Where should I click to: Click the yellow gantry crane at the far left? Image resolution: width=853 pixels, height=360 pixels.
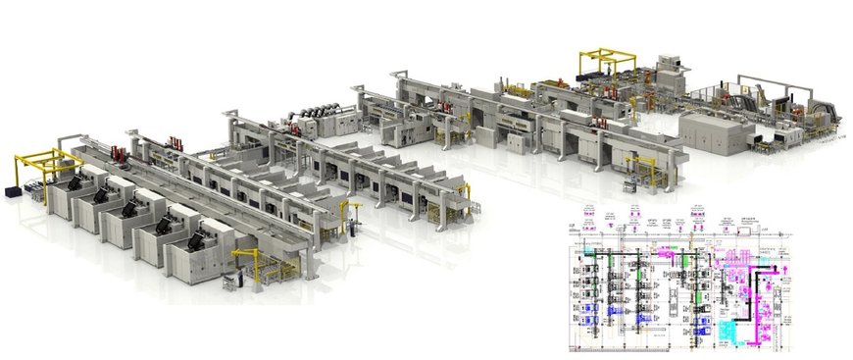pyautogui.click(x=44, y=167)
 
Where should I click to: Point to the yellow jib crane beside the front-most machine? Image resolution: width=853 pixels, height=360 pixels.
pyautogui.click(x=250, y=259)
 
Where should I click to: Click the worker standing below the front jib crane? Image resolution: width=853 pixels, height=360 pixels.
pyautogui.click(x=227, y=283)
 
